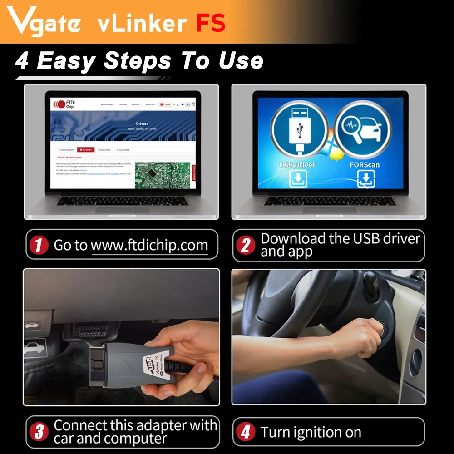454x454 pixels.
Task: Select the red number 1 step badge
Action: (x=39, y=246)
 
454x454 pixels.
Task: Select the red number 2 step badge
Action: (x=246, y=246)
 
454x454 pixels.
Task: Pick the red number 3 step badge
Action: (x=39, y=432)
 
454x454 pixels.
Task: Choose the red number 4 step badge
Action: (x=246, y=432)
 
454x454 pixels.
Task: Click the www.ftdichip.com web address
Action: (x=149, y=246)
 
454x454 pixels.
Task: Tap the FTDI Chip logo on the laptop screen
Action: (x=64, y=104)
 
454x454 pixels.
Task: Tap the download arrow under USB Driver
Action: (x=299, y=178)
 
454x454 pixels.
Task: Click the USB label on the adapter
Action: (x=148, y=363)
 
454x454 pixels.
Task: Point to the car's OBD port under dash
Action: (x=93, y=330)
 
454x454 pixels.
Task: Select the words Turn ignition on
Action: (x=311, y=432)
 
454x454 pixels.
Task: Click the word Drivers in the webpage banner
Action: (x=142, y=123)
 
